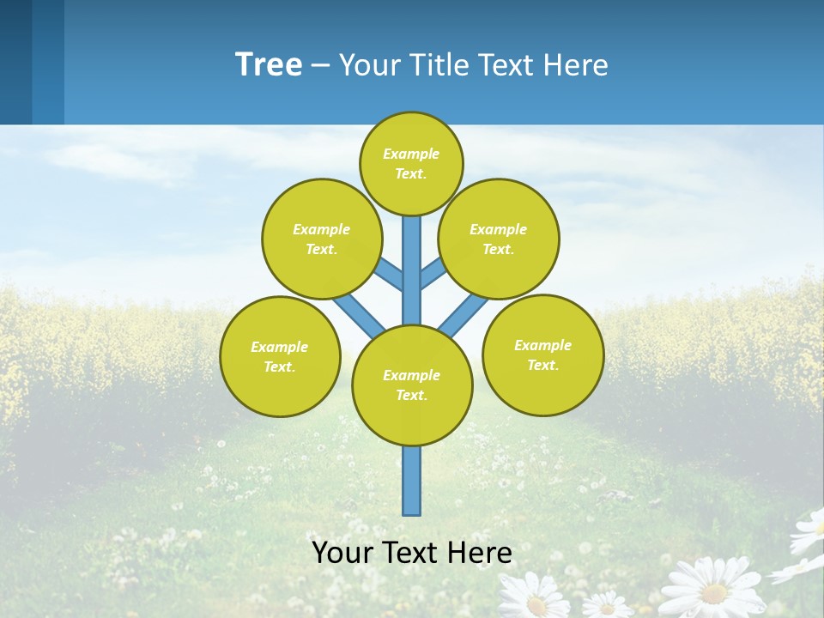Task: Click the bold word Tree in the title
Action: coord(269,64)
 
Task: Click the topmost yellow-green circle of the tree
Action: coord(411,163)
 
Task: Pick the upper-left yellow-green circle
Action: coord(322,239)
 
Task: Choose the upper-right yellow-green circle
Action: coord(499,239)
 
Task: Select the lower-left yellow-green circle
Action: coord(280,356)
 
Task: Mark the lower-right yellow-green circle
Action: coord(543,354)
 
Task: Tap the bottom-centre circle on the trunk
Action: coord(412,385)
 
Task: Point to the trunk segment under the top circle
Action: coord(412,257)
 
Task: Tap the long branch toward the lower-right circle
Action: coord(463,316)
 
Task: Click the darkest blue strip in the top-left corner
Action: coord(15,62)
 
